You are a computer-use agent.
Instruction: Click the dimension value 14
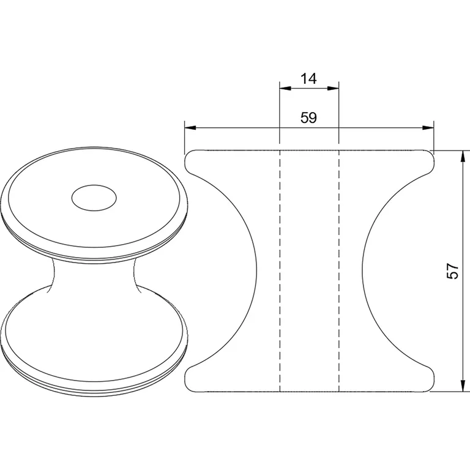pyautogui.click(x=308, y=78)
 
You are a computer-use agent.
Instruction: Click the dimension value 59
pyautogui.click(x=308, y=118)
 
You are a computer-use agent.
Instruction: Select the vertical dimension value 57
pyautogui.click(x=452, y=271)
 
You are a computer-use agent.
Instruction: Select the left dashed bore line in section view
pyautogui.click(x=280, y=269)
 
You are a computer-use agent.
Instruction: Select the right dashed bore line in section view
pyautogui.click(x=339, y=269)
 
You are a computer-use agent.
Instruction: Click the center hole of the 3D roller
pyautogui.click(x=94, y=198)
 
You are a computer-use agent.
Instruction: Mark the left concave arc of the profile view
pyautogui.click(x=255, y=269)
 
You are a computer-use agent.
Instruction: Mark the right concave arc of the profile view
pyautogui.click(x=363, y=269)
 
